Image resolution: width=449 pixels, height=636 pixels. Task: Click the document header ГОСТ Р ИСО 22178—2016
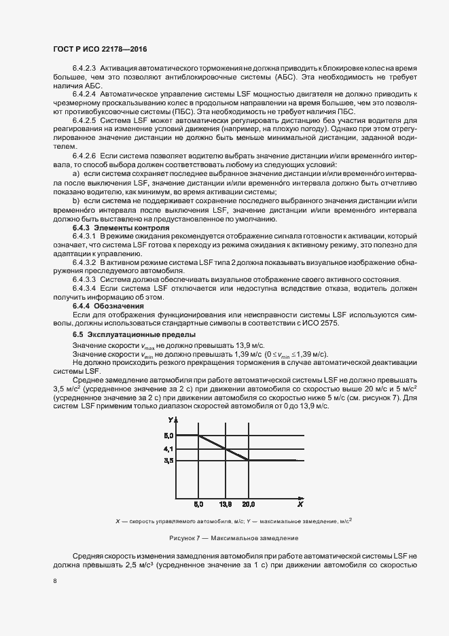(98, 50)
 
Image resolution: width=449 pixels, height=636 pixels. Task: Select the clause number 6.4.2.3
(85, 69)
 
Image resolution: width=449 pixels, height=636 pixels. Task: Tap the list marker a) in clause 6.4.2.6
(76, 175)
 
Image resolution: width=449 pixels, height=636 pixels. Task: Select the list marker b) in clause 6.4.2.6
(76, 201)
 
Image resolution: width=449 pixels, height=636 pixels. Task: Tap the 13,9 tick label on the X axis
(226, 505)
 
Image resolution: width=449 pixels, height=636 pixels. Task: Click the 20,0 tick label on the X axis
(249, 505)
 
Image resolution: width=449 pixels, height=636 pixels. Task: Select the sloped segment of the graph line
(223, 447)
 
